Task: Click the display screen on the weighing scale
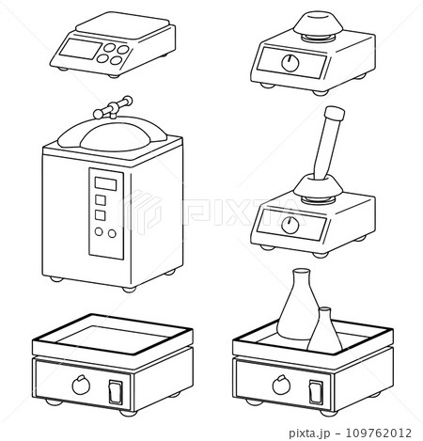pos(81,49)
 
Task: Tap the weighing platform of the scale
pos(123,25)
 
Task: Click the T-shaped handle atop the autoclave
pos(113,107)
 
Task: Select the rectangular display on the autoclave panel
pos(105,184)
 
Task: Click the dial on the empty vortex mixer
pos(290,63)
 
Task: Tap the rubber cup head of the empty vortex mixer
pos(318,24)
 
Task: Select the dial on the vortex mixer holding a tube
pos(290,225)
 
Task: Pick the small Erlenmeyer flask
pos(324,332)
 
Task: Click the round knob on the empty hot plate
pos(81,386)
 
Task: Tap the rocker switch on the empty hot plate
pos(116,392)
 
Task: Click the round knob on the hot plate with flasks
pos(281,386)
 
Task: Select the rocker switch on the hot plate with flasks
pos(316,392)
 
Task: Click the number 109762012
pos(378,433)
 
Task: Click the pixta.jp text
pos(309,433)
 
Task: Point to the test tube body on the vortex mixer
pos(326,148)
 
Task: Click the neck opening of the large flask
pos(301,271)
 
